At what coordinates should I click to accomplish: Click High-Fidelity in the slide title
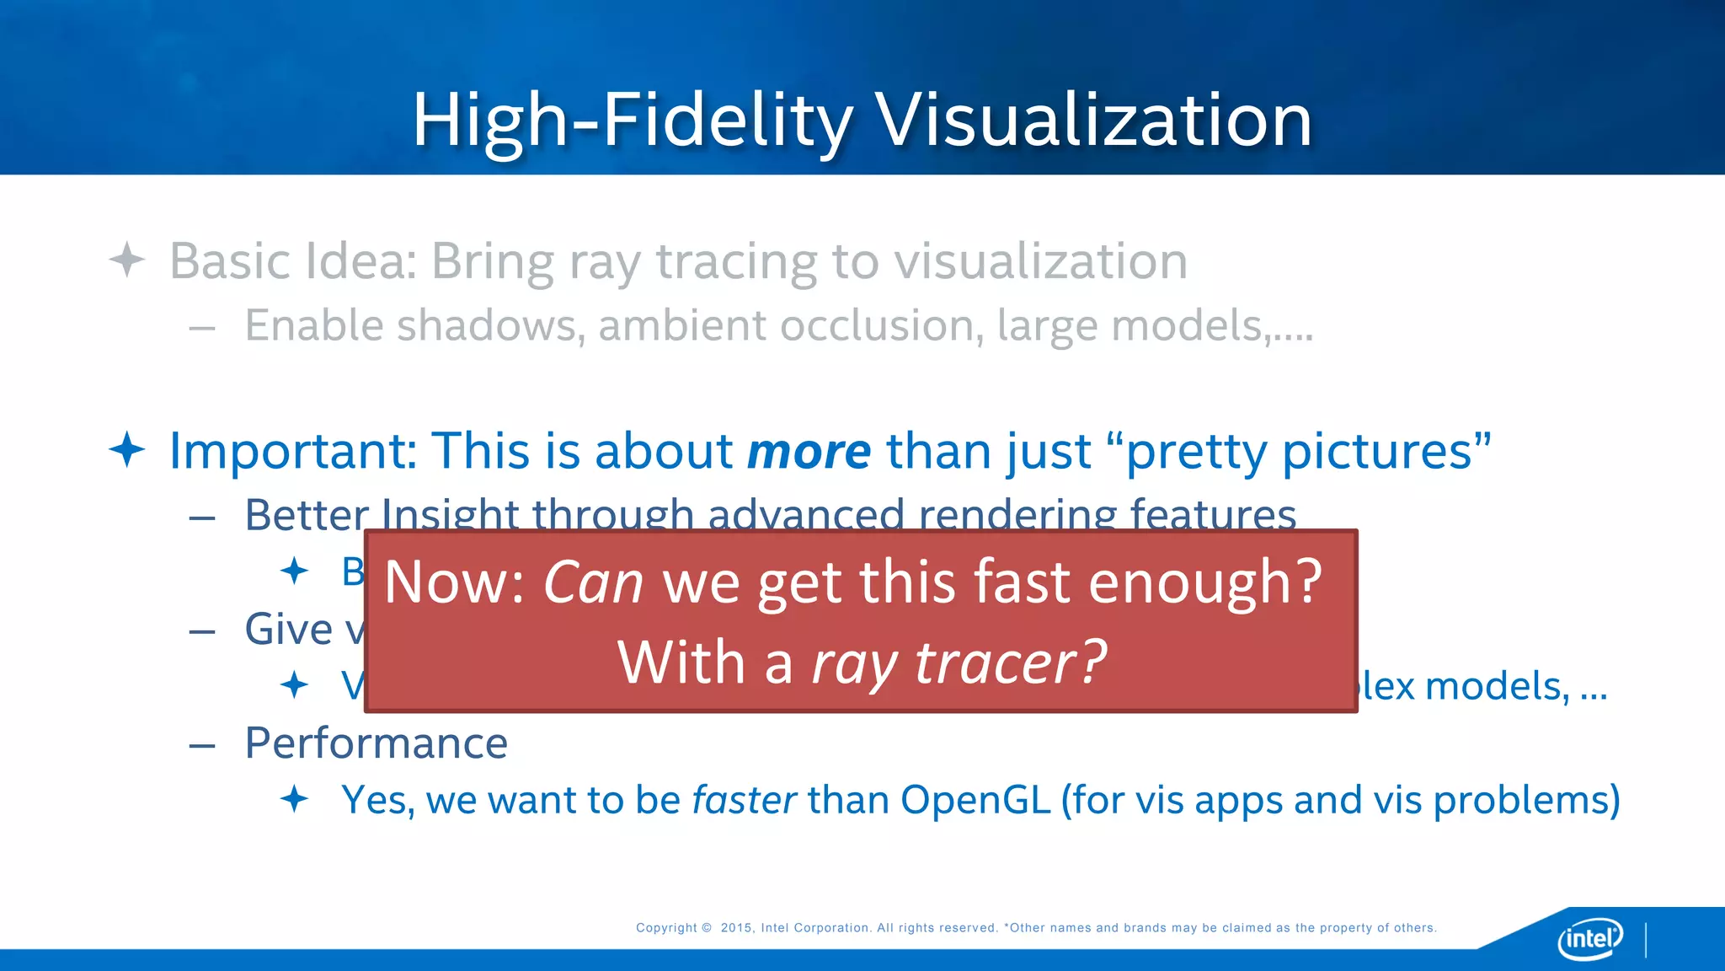tap(632, 121)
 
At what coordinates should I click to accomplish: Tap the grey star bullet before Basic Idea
tap(127, 260)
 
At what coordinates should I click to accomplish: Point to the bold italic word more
tap(809, 452)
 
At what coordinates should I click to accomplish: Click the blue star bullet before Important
tap(127, 449)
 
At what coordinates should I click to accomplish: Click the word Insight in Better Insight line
tap(450, 513)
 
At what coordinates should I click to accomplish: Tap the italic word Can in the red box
tap(593, 582)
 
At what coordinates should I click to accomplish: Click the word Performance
tap(376, 743)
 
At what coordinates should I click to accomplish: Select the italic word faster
tap(744, 800)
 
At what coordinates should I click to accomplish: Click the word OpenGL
tap(975, 800)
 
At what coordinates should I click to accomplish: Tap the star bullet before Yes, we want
tap(294, 798)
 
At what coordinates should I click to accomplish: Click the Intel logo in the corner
tap(1589, 938)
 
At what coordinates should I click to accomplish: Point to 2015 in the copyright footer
tap(736, 928)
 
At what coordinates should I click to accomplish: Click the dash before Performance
tap(202, 745)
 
